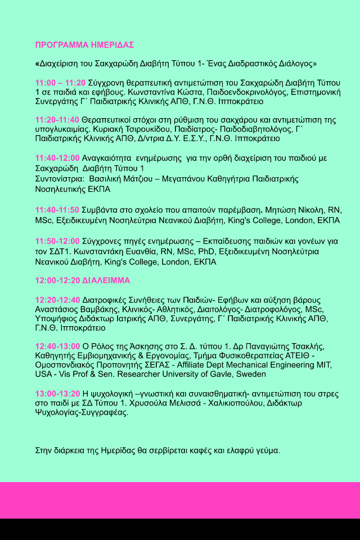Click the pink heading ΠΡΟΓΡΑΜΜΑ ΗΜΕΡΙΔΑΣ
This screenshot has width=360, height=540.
tap(84, 45)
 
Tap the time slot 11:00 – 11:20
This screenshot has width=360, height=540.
tap(60, 83)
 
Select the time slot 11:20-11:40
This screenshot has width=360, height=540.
tap(57, 120)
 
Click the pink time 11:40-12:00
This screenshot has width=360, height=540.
tap(57, 159)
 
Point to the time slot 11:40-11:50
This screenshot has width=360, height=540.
tap(57, 210)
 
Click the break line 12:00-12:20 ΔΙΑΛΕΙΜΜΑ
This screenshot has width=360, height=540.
tap(82, 280)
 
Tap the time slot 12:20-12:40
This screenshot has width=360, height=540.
tap(57, 300)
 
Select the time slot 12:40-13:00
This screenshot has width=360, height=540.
tap(57, 346)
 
